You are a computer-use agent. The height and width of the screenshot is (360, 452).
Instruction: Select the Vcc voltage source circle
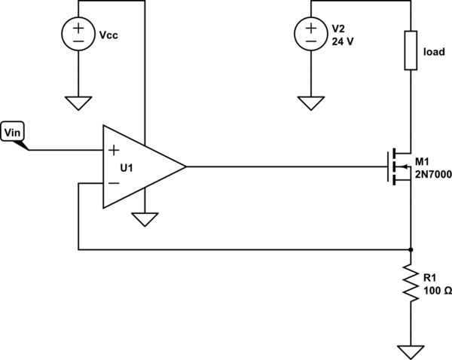coord(78,35)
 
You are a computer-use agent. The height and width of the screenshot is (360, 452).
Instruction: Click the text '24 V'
coord(343,41)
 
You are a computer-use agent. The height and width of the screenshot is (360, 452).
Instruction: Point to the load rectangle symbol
coord(411,50)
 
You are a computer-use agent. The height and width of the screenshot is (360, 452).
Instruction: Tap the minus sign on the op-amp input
coord(114,182)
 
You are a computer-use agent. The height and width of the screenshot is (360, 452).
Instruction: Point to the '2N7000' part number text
coord(432,173)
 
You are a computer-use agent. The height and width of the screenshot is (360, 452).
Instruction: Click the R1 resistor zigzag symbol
coord(411,284)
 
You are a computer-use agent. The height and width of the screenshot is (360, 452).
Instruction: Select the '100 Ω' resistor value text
coord(438,291)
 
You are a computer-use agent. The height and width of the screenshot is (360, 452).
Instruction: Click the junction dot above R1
coord(411,249)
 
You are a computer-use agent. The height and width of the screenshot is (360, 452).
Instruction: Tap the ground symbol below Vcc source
coord(78,102)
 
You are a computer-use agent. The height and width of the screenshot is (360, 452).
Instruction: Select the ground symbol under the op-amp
coord(144,219)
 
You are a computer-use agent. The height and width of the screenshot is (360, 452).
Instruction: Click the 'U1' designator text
coord(127,167)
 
